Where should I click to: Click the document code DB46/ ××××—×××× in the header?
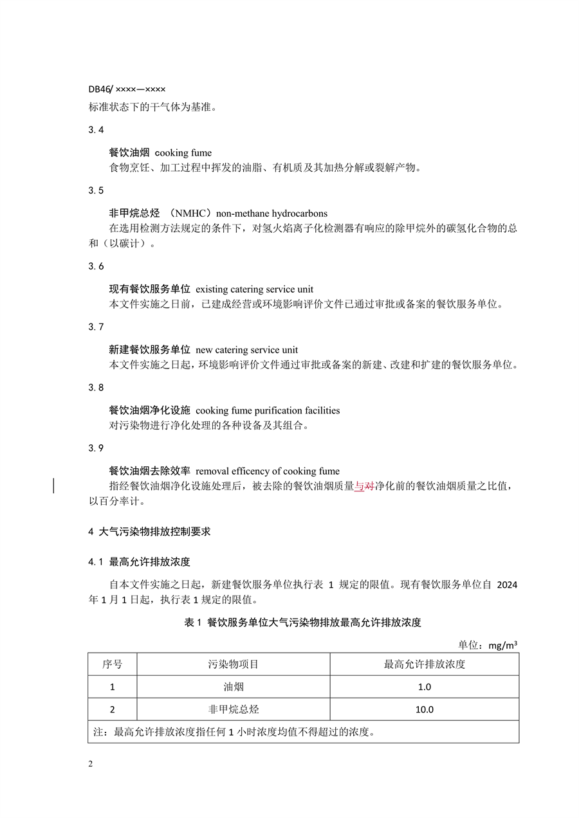127,89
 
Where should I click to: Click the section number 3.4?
96,130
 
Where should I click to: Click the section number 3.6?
96,266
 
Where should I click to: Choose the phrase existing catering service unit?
254,289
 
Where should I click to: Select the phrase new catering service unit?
246,350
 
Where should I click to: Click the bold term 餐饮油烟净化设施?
149,410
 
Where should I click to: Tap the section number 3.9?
96,448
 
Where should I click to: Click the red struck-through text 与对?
365,486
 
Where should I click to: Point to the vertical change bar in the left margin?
53,486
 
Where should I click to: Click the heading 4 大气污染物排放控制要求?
149,532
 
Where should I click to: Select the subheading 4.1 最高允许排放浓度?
140,562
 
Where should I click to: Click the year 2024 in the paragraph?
508,585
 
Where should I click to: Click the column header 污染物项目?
234,664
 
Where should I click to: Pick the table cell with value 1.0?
425,687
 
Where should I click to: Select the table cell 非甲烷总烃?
234,709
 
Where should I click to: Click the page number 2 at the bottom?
91,764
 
